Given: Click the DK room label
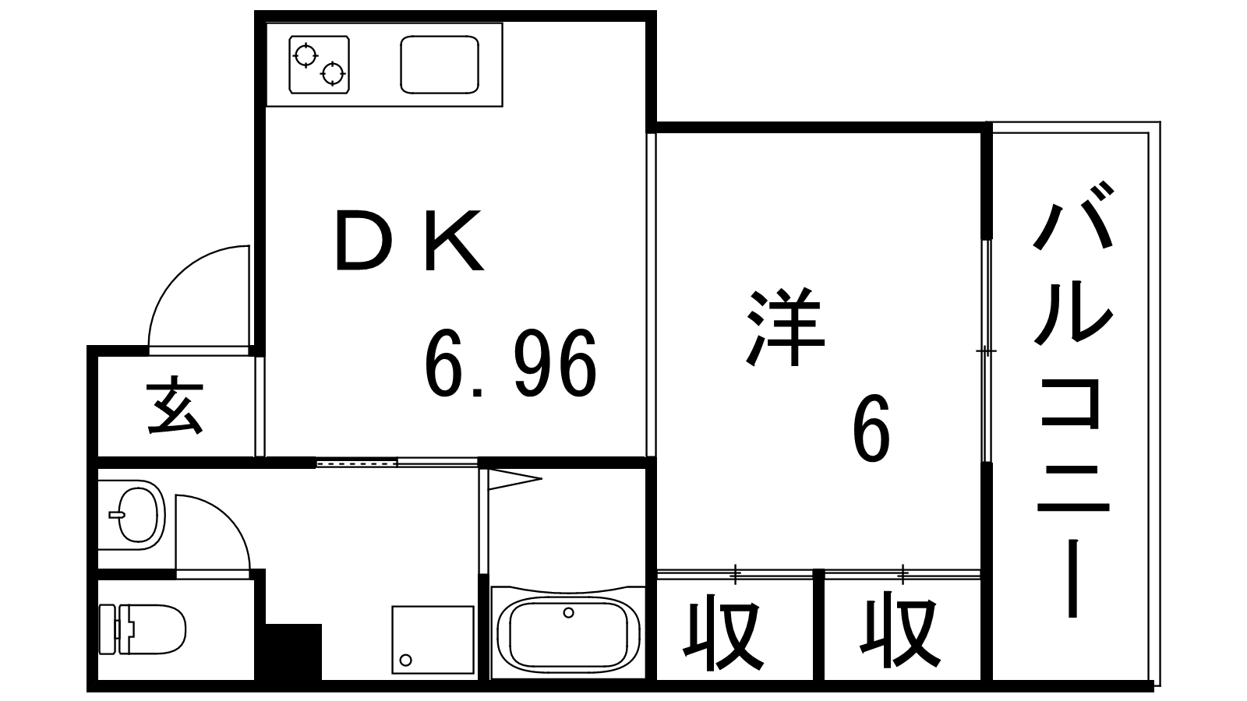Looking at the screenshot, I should point(408,240).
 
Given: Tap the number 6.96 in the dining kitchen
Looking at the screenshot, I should point(510,364).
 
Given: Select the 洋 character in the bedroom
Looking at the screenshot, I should point(784,328).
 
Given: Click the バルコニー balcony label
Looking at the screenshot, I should point(1072,397).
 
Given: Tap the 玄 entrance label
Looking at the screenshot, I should point(175,406).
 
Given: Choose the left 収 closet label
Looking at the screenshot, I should point(722,632).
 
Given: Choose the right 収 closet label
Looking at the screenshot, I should point(897,632).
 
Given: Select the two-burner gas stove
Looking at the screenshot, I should point(319,65).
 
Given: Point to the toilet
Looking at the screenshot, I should point(144,629).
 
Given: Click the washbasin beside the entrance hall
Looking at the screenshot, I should point(137,513).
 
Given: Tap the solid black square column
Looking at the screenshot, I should point(294,652).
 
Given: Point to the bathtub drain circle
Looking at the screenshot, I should point(568,613).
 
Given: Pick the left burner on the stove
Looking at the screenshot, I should point(306,55).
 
